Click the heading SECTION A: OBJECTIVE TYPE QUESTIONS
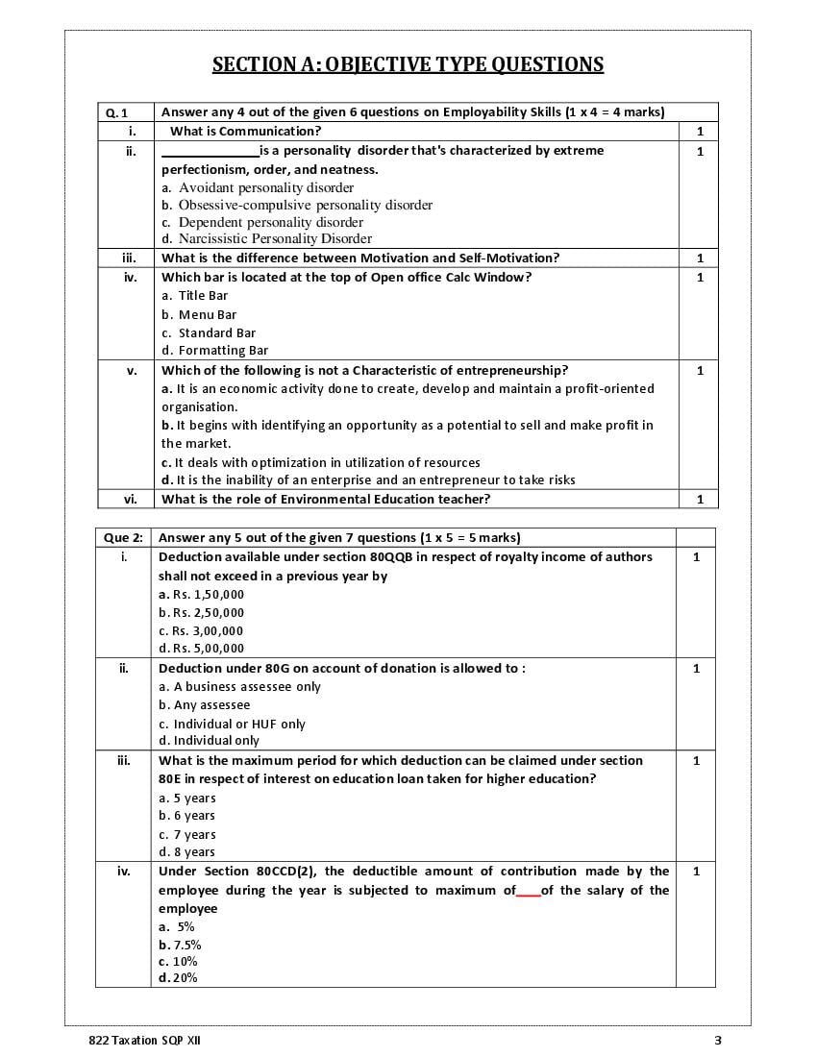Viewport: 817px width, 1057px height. (x=408, y=64)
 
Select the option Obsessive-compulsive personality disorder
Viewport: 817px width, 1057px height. (x=305, y=205)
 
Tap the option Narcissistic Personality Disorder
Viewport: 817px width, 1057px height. (x=275, y=238)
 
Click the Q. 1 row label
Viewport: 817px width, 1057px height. (x=115, y=112)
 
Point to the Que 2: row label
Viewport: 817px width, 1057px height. (x=123, y=538)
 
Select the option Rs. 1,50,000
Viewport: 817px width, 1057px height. (x=201, y=595)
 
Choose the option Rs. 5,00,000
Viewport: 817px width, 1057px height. (x=201, y=649)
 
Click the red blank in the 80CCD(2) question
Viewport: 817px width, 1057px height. (x=528, y=892)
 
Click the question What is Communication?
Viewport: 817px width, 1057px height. (x=245, y=131)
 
